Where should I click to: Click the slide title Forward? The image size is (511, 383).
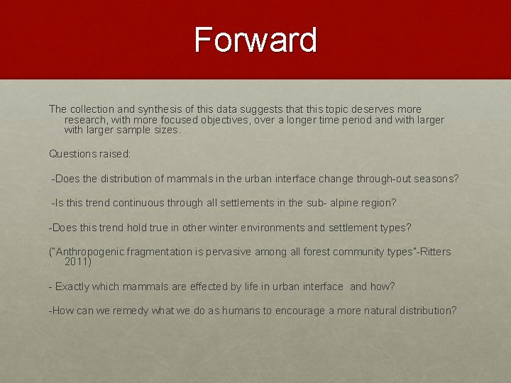point(255,40)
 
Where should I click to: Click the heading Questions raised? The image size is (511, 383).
point(90,154)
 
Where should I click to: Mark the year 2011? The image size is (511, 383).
point(77,262)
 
